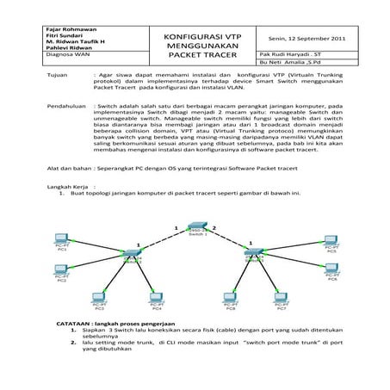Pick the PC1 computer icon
(62, 238)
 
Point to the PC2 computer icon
(62, 270)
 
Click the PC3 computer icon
(101, 297)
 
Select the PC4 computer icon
(157, 297)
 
